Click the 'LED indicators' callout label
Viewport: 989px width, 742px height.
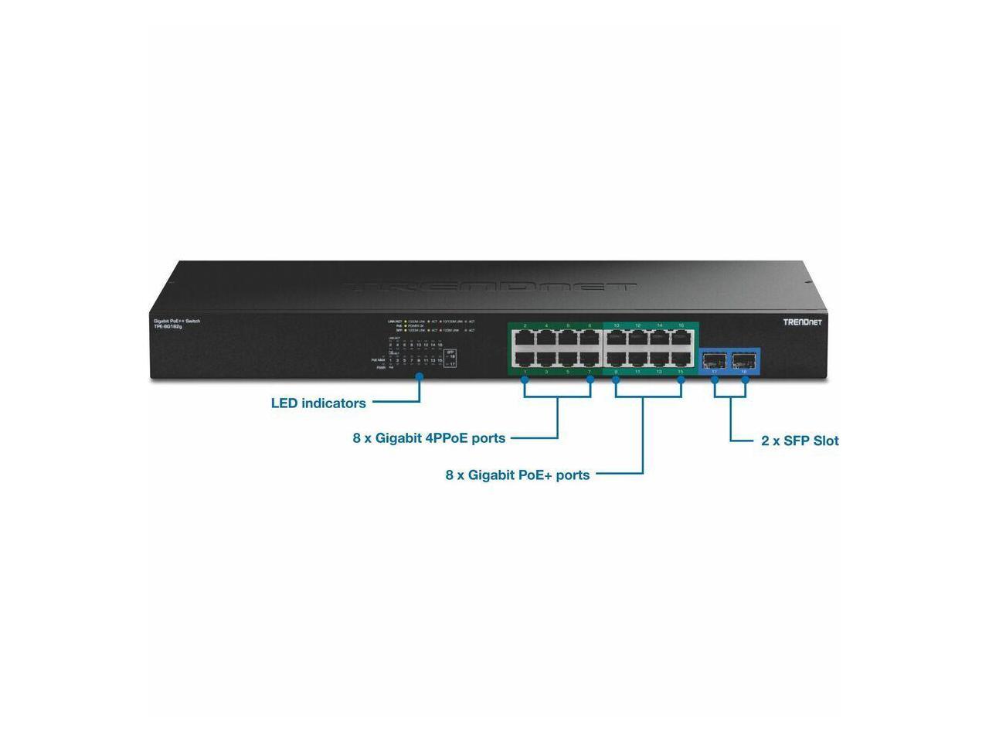tap(318, 403)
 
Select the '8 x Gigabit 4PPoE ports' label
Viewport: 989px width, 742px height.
tap(429, 438)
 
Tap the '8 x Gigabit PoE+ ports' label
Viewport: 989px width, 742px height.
tap(517, 475)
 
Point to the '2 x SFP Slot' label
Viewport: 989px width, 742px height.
tap(800, 441)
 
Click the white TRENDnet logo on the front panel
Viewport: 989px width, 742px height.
tap(803, 322)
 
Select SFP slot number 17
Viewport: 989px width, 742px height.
tap(715, 359)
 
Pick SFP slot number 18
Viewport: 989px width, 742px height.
tap(745, 359)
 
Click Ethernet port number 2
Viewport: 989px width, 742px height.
tap(525, 339)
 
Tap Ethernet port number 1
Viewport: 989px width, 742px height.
tap(525, 359)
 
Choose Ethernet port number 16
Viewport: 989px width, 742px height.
tap(681, 339)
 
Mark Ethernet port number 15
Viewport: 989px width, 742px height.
tap(681, 359)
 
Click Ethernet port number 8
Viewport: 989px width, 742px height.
tap(590, 339)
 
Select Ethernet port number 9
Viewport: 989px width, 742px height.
tap(616, 359)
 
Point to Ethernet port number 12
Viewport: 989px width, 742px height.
tap(637, 339)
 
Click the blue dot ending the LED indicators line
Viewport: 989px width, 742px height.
tap(420, 377)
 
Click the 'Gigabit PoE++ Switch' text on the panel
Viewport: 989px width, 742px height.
tap(177, 321)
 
